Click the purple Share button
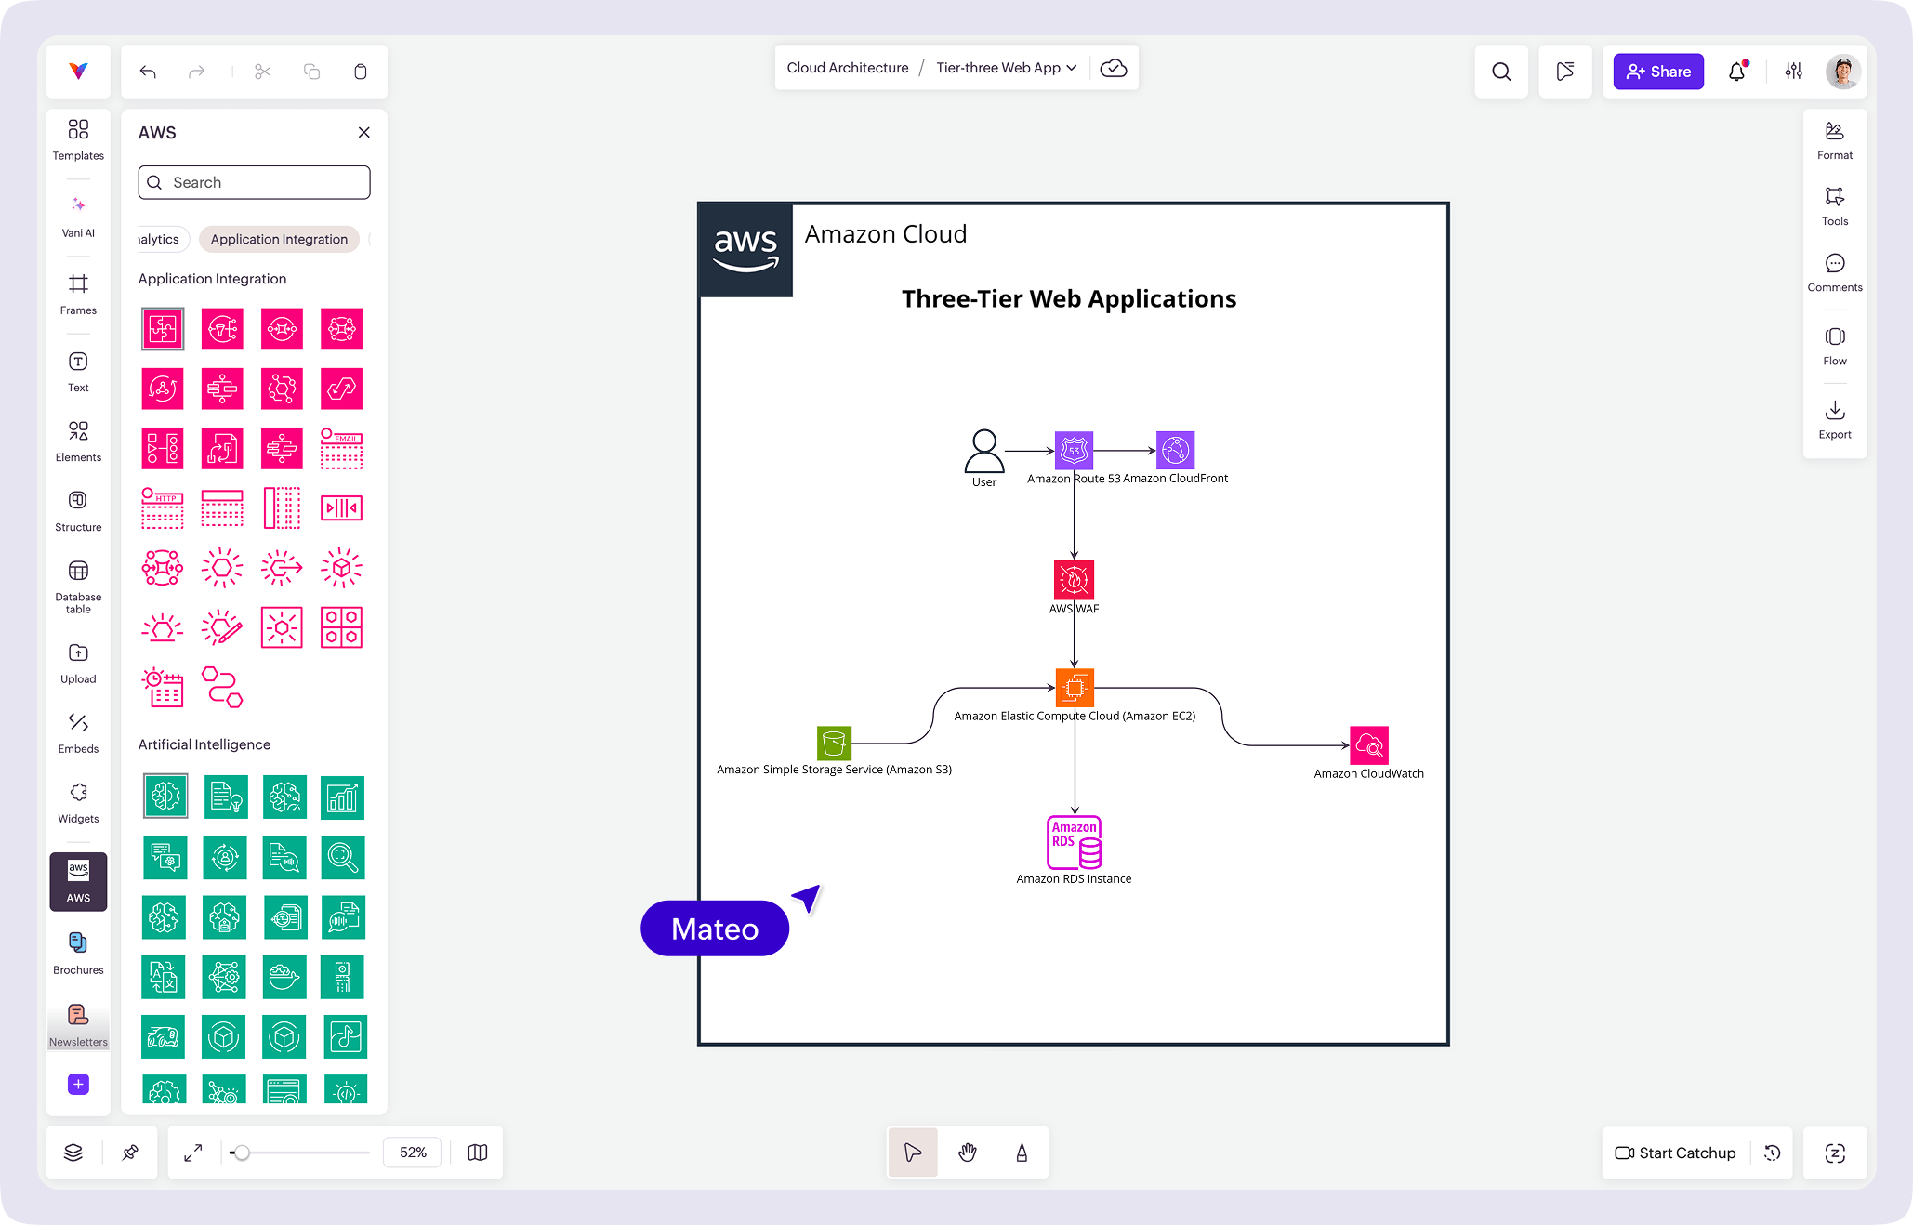click(x=1658, y=72)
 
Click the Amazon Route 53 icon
click(x=1074, y=451)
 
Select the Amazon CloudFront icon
click(x=1175, y=451)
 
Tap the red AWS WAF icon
click(x=1074, y=579)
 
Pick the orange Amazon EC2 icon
click(x=1075, y=688)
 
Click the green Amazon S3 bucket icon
click(x=834, y=744)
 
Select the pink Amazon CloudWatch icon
click(x=1368, y=745)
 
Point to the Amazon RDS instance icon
click(x=1075, y=842)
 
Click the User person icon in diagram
click(x=983, y=451)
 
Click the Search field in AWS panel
click(x=255, y=182)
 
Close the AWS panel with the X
click(x=364, y=133)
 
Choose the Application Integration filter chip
click(x=279, y=239)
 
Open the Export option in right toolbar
click(x=1834, y=420)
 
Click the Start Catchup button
click(x=1675, y=1153)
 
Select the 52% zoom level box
click(x=413, y=1153)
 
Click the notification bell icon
click(x=1736, y=72)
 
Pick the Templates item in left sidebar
click(x=78, y=139)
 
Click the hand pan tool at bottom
click(x=968, y=1153)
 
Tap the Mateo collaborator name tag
click(x=715, y=929)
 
